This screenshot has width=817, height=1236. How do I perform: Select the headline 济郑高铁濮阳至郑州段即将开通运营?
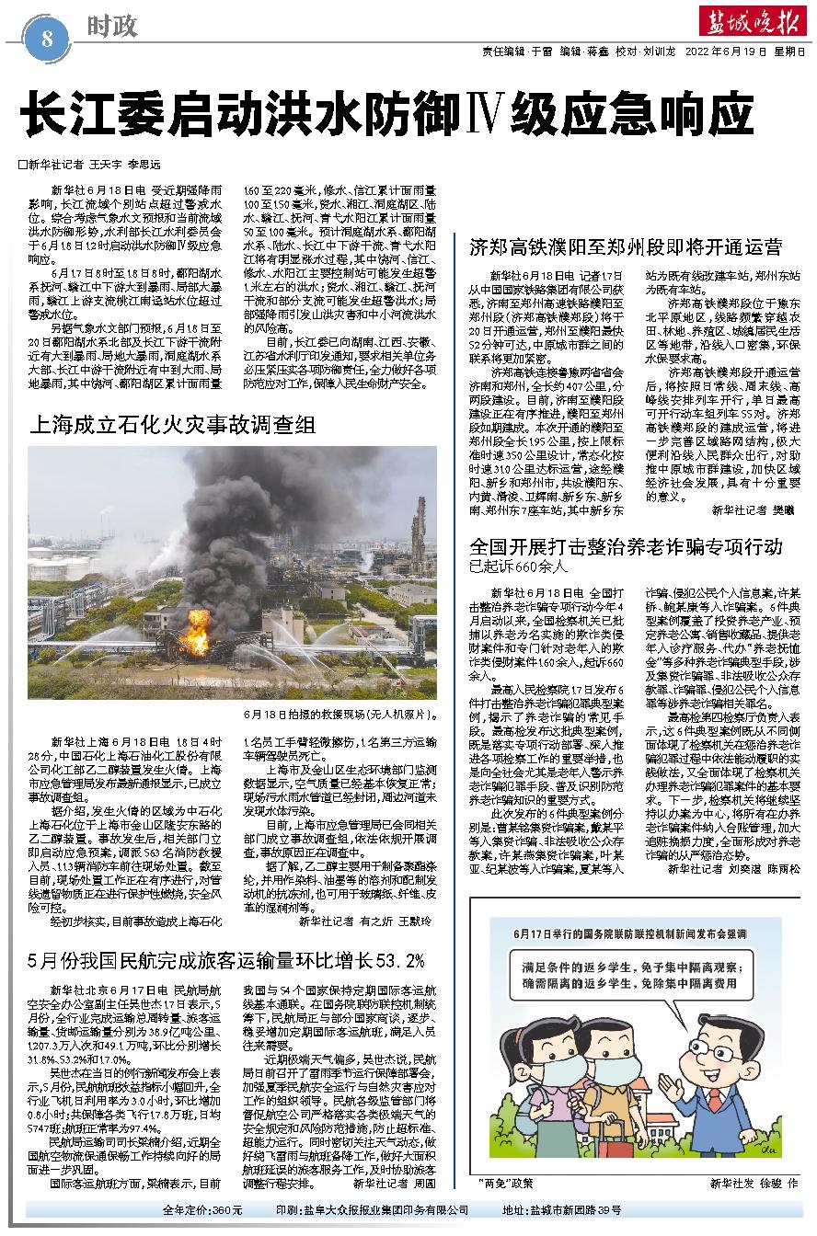click(x=626, y=246)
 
